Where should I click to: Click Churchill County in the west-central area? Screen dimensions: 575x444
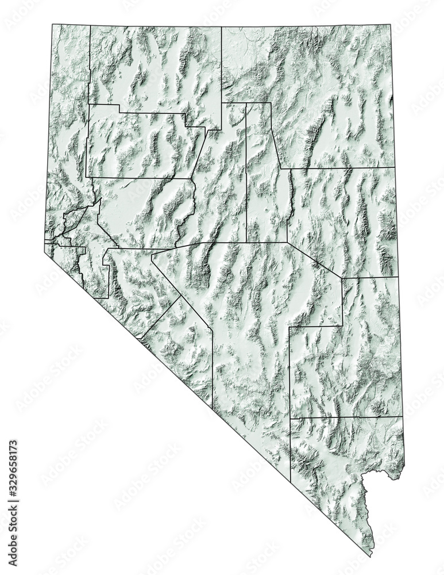click(x=144, y=213)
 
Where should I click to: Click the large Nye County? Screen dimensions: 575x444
click(x=253, y=322)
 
